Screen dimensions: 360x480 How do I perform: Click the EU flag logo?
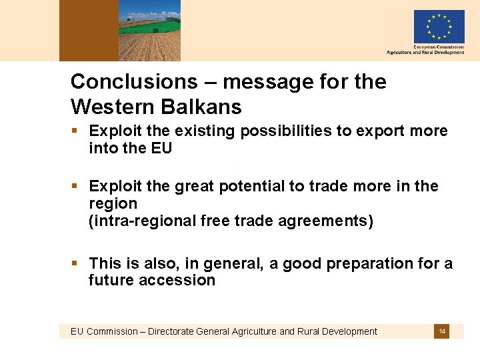tap(438, 27)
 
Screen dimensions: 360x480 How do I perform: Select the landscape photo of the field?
tap(149, 31)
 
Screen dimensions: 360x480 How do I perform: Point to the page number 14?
tap(442, 331)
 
